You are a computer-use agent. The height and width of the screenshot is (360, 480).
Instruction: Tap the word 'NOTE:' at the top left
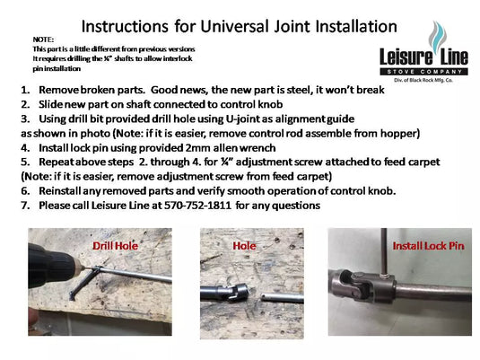pos(42,40)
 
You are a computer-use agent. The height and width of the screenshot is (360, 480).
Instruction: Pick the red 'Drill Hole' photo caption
pos(116,244)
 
